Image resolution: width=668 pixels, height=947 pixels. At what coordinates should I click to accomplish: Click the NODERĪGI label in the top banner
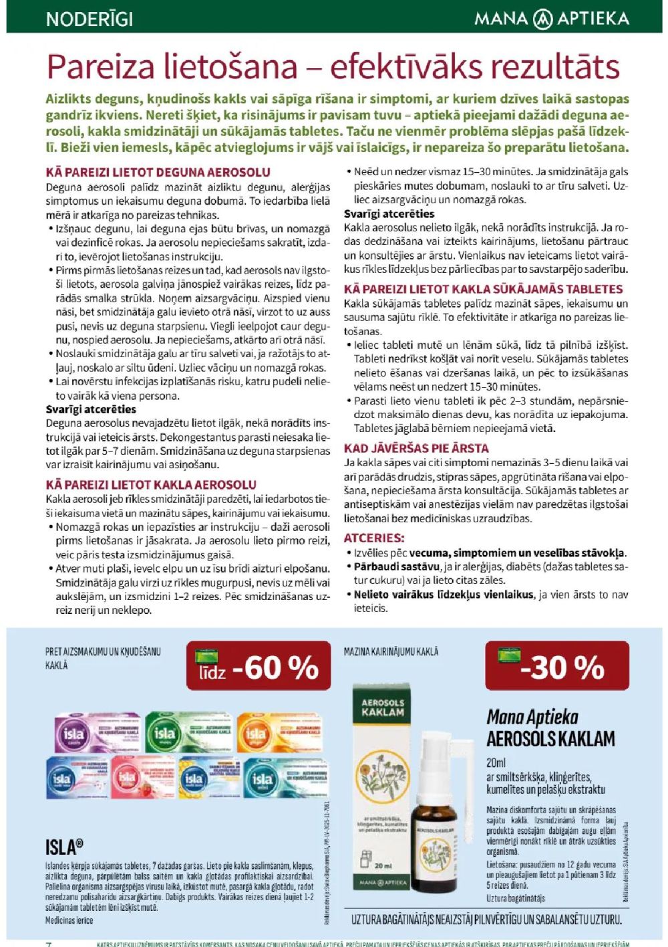90,18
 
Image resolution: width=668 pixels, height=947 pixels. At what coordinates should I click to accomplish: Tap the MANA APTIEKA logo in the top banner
551,18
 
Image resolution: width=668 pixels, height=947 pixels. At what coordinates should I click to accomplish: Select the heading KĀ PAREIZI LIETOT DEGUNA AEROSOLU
158,173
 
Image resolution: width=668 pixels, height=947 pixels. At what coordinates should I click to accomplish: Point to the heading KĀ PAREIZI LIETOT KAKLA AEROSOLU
151,484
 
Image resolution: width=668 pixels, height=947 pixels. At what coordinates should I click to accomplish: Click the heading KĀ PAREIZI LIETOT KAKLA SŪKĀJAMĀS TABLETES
483,289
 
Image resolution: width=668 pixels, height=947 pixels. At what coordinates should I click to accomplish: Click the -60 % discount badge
259,666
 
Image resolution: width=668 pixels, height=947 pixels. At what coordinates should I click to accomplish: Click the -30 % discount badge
557,666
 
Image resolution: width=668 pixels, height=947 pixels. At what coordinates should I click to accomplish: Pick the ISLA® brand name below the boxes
64,847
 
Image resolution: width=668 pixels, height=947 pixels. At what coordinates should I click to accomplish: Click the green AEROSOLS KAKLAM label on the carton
383,708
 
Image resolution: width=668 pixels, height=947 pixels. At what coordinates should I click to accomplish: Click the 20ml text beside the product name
496,762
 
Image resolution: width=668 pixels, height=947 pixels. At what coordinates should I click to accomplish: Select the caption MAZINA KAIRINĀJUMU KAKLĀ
391,651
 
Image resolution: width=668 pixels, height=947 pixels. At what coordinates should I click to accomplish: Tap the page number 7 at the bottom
48,944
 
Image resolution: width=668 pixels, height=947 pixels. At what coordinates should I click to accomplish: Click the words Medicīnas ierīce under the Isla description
69,921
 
